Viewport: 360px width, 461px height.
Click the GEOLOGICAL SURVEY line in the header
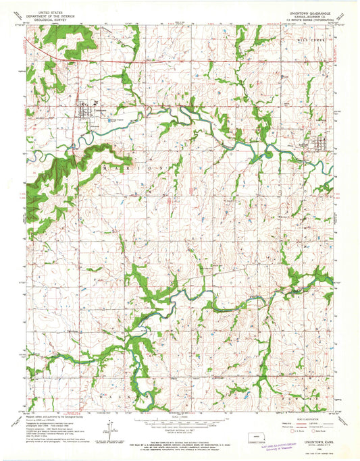(51, 21)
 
